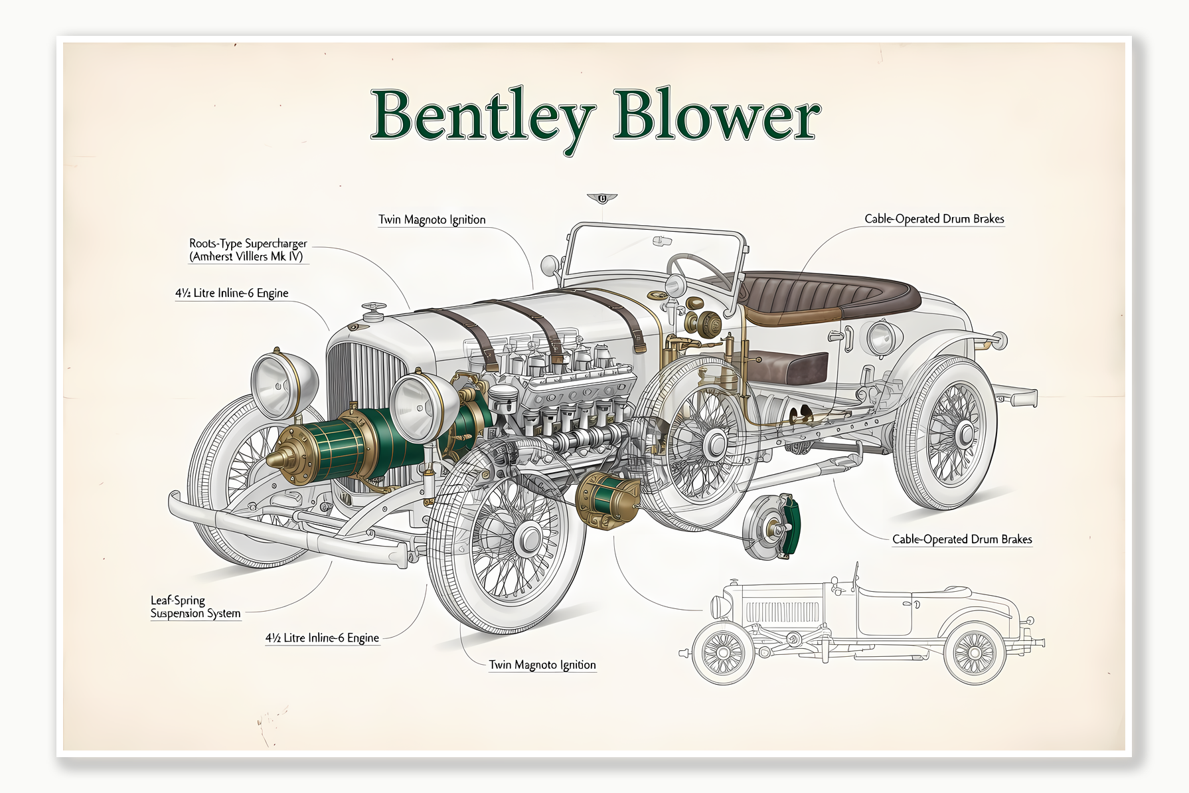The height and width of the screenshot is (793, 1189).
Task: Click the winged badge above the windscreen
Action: [x=602, y=198]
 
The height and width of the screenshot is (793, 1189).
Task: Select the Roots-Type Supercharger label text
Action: [x=248, y=244]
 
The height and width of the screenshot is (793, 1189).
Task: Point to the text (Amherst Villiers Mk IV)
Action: [x=246, y=256]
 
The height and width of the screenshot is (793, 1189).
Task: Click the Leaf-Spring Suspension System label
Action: [x=195, y=607]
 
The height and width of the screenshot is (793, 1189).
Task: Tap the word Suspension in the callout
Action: [x=177, y=614]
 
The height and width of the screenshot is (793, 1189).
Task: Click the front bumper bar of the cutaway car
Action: [x=285, y=531]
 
